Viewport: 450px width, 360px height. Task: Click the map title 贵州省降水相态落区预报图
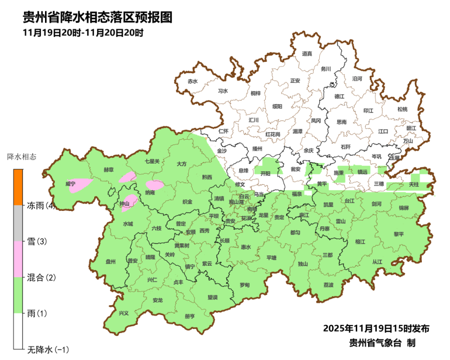pos(97,17)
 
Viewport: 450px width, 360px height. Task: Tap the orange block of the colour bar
pos(18,187)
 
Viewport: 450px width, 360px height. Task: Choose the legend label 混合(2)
pos(42,277)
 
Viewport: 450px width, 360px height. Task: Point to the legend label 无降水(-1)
pos(48,349)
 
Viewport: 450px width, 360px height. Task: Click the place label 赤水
pos(193,81)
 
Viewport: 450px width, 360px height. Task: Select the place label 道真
pos(307,54)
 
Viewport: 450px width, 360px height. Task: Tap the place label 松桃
pos(402,109)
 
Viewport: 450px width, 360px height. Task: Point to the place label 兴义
pos(123,313)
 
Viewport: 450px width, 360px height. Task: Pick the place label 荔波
pos(329,285)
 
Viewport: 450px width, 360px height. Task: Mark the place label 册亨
pos(189,316)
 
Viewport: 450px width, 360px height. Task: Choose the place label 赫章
pos(108,170)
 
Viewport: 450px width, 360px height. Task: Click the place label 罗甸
pos(244,285)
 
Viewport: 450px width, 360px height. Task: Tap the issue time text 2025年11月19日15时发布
pos(376,328)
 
